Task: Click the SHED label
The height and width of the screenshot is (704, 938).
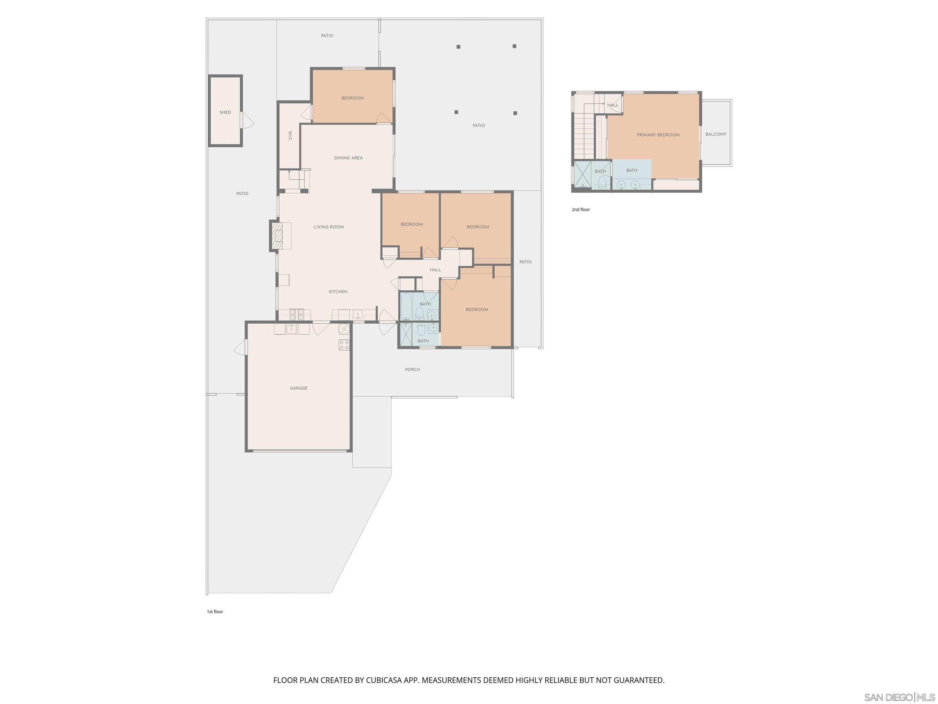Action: tap(225, 112)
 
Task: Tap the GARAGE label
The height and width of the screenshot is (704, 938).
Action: tap(299, 388)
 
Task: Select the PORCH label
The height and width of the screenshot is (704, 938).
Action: tap(413, 370)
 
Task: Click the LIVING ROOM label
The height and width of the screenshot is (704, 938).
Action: tap(329, 227)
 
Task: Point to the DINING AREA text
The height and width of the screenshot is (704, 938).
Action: tap(348, 158)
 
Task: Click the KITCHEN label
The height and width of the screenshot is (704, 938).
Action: tap(338, 291)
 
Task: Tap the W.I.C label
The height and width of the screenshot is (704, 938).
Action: tap(290, 136)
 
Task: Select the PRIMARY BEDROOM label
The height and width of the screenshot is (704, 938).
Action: tap(658, 135)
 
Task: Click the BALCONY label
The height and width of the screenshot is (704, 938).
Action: tap(716, 134)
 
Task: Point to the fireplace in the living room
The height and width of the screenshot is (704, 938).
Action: tap(277, 236)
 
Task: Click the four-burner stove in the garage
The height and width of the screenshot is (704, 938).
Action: tap(344, 345)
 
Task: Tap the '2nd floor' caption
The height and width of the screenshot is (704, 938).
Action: tap(580, 210)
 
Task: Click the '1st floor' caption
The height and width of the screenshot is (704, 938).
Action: tap(215, 611)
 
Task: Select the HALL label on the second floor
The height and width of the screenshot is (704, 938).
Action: tap(613, 105)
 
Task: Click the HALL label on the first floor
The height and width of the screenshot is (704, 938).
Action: tap(435, 270)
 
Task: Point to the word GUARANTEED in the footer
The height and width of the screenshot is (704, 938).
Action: tap(639, 680)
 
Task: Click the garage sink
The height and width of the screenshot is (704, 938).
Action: tap(291, 329)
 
